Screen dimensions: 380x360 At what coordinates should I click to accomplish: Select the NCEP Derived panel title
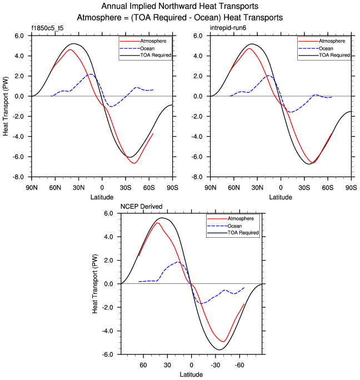[x=142, y=207]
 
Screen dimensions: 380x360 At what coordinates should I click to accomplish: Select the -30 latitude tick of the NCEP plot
[x=216, y=365]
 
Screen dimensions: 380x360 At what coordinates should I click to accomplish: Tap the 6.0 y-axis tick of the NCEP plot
[x=109, y=213]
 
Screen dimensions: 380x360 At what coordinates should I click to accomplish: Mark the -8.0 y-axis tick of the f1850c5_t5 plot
[x=18, y=177]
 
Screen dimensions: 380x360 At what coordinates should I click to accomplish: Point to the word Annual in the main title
[x=115, y=7]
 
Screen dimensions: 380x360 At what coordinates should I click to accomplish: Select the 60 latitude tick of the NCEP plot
[x=143, y=365]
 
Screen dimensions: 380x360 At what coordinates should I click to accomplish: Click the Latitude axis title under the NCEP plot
[x=191, y=375]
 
